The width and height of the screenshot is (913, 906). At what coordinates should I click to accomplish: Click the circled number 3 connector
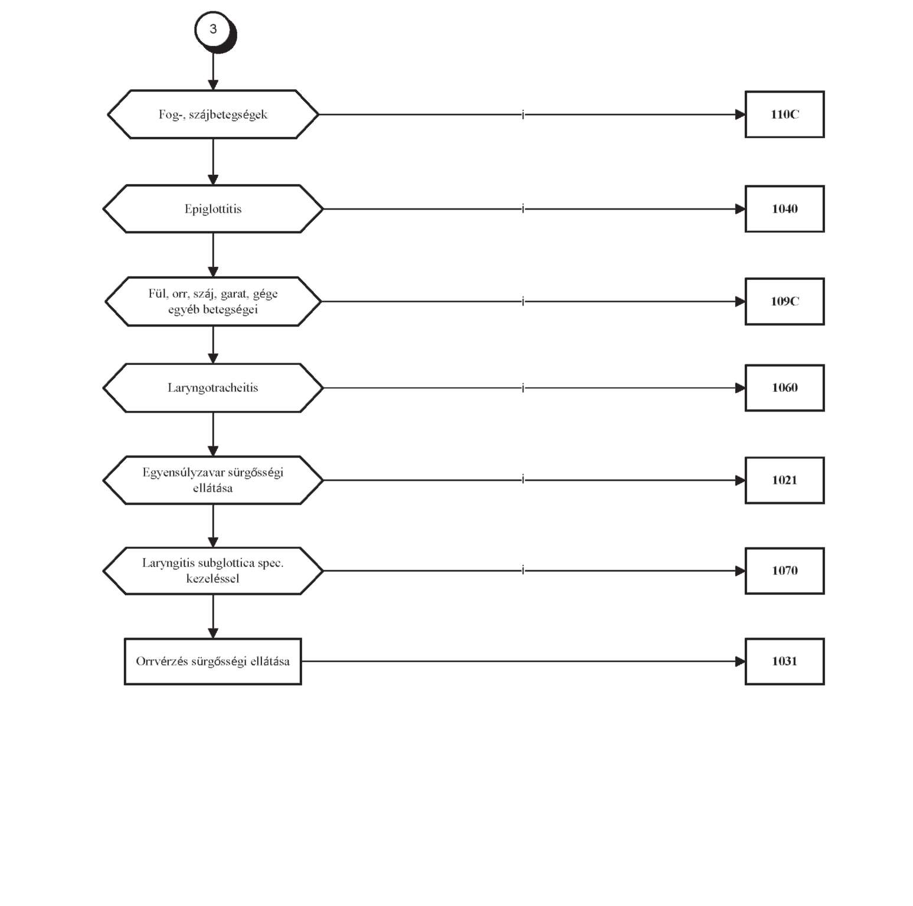click(214, 30)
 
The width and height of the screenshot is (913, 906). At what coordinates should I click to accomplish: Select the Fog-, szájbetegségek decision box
click(213, 115)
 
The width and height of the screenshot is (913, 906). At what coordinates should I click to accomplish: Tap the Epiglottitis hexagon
click(213, 209)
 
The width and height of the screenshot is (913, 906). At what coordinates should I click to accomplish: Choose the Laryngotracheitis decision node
click(213, 388)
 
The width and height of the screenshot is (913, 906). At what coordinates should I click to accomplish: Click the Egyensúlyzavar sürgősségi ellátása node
click(213, 480)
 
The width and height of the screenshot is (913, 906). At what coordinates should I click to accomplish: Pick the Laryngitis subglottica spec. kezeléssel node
click(213, 571)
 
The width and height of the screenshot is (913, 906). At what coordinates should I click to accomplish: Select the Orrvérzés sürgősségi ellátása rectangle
click(213, 661)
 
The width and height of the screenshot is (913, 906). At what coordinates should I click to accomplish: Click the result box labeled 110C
click(785, 115)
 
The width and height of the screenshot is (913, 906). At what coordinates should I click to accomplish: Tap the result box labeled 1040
click(785, 209)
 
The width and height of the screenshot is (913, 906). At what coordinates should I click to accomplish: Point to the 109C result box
click(785, 301)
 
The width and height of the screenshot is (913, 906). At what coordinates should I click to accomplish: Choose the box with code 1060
click(785, 388)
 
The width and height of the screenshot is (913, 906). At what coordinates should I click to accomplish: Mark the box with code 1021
click(785, 480)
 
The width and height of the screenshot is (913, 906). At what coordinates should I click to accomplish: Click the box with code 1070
click(785, 571)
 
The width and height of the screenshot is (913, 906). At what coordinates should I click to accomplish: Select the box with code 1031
click(785, 661)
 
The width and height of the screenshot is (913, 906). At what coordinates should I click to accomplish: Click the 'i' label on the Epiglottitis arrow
click(523, 208)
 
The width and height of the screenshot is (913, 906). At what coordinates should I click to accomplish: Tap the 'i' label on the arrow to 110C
click(523, 114)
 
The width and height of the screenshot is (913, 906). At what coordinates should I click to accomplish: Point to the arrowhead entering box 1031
click(741, 661)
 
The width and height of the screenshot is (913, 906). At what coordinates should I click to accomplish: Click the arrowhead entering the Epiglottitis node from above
click(213, 180)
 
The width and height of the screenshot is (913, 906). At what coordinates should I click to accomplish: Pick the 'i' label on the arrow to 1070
click(523, 570)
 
